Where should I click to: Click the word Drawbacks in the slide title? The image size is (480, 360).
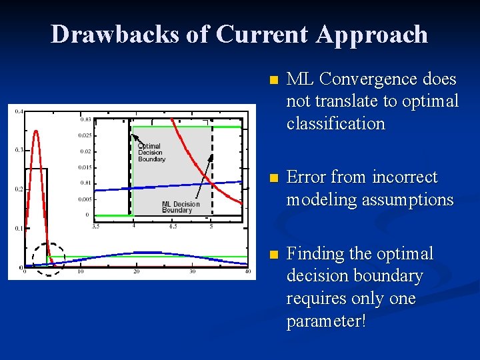(x=115, y=34)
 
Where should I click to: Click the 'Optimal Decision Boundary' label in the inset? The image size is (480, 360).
(x=151, y=153)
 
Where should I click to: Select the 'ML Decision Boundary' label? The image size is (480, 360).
(x=181, y=207)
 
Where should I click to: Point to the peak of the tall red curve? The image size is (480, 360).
(x=35, y=131)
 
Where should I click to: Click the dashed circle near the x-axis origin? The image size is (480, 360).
(x=48, y=259)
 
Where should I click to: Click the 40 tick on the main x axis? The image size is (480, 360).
(x=247, y=271)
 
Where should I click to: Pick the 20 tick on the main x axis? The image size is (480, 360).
(x=136, y=271)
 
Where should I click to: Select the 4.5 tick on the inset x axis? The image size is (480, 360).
(x=173, y=227)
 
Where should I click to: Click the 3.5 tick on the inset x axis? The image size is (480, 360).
(x=95, y=227)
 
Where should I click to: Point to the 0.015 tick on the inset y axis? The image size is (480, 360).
(x=85, y=167)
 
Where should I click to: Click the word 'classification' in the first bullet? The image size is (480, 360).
(x=335, y=124)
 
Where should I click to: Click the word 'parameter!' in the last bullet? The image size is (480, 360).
(x=326, y=321)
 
